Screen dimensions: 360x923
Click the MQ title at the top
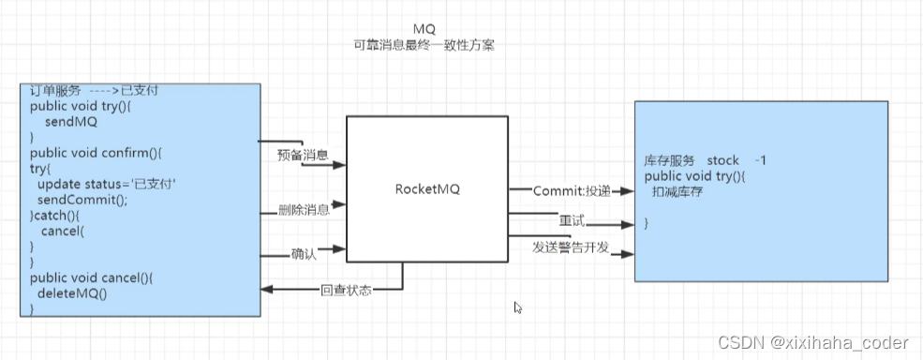tap(424, 29)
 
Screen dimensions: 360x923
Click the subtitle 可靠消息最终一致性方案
tap(424, 44)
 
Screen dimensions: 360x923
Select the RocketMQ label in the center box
tap(428, 189)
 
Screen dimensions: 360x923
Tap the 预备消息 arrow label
tap(303, 155)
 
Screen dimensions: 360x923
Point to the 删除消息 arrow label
tap(303, 209)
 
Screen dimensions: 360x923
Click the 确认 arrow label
tap(304, 252)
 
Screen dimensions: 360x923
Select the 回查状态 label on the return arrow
tap(346, 290)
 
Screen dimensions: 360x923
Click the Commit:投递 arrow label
tap(572, 190)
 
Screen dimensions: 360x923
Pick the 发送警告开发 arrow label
tap(573, 246)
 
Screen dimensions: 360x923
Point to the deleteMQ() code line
tap(73, 293)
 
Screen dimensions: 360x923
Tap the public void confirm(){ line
tap(90, 153)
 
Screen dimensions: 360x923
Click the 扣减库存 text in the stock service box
tap(678, 191)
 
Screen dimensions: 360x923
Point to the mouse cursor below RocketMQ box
tap(517, 307)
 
